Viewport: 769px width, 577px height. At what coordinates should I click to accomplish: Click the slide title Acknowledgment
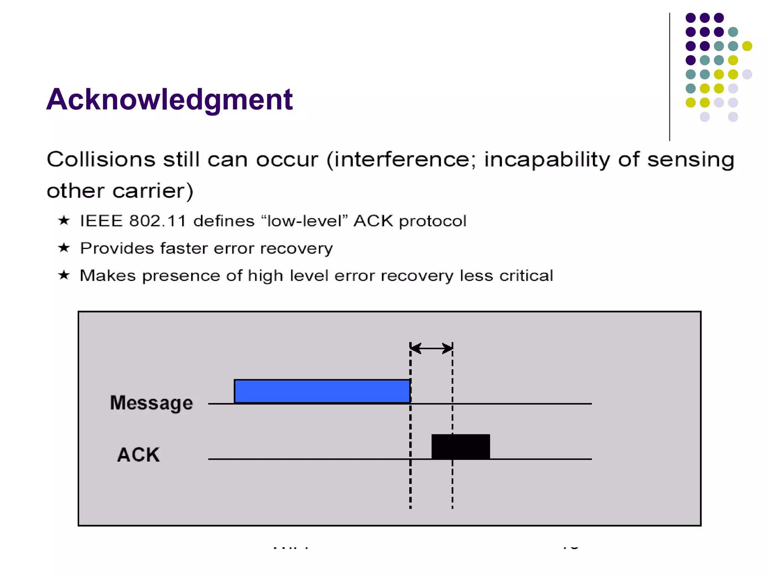pos(169,100)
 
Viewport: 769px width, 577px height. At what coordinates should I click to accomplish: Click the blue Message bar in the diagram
pos(322,391)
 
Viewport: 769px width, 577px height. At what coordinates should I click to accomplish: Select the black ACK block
pos(460,446)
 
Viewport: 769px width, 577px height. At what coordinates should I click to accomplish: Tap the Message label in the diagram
pos(151,403)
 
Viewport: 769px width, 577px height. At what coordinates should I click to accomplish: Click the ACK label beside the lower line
pos(138,455)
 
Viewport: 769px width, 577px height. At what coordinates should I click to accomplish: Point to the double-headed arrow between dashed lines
pos(431,348)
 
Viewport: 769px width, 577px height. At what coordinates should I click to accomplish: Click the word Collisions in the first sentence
pos(101,159)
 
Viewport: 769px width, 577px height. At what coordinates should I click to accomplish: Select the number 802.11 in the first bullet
pos(157,221)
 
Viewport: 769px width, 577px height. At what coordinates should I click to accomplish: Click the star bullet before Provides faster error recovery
pos(64,248)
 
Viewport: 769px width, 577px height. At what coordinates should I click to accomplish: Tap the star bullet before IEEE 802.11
pos(64,220)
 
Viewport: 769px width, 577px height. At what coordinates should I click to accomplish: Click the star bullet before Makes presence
pos(64,275)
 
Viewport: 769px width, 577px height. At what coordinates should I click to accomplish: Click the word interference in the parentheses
pos(401,159)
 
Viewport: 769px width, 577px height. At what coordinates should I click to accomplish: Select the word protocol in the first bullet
pos(432,221)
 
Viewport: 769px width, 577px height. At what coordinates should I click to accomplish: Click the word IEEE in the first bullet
pos(101,221)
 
